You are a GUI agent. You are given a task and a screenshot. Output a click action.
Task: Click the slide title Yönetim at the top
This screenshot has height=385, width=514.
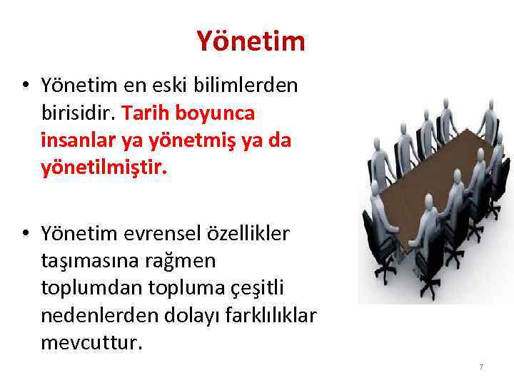click(x=251, y=41)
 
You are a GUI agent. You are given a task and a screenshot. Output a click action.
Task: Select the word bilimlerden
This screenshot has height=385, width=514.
click(x=255, y=87)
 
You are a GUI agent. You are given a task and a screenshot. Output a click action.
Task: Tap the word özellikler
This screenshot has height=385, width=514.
click(x=254, y=234)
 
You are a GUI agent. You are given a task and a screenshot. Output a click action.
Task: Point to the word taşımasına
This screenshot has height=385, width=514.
click(x=89, y=260)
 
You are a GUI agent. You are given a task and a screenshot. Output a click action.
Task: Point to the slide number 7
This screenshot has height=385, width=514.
click(x=481, y=366)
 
